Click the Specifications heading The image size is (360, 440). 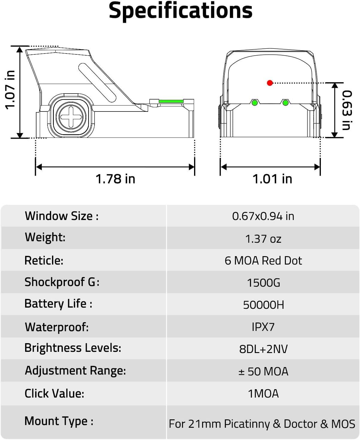coord(181,11)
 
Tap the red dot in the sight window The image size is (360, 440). coord(270,83)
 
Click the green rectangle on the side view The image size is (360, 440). coord(171,101)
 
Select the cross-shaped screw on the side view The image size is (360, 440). coord(71,117)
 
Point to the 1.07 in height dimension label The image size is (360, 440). coord(10,90)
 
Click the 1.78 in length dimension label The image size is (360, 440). coord(115,179)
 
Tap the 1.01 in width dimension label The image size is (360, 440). coord(272,179)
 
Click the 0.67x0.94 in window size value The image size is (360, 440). coord(263,216)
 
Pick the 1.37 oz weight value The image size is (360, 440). coord(263,239)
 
